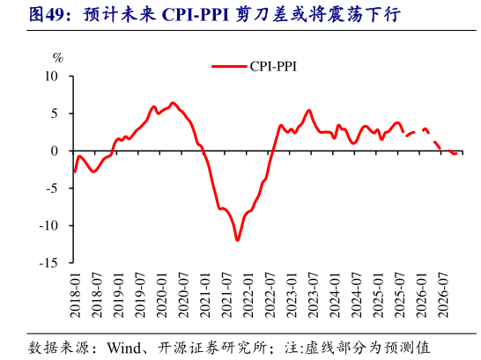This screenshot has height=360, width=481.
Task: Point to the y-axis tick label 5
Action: click(55, 114)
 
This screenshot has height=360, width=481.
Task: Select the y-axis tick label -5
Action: click(53, 188)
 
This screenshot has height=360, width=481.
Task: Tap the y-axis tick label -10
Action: click(49, 225)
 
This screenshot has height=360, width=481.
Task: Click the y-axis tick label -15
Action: click(49, 263)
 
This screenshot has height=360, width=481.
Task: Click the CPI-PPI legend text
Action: click(273, 64)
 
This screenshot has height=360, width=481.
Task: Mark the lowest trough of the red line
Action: click(237, 239)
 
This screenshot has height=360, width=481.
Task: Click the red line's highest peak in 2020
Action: click(172, 103)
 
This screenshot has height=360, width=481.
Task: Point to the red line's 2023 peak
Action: click(308, 111)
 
